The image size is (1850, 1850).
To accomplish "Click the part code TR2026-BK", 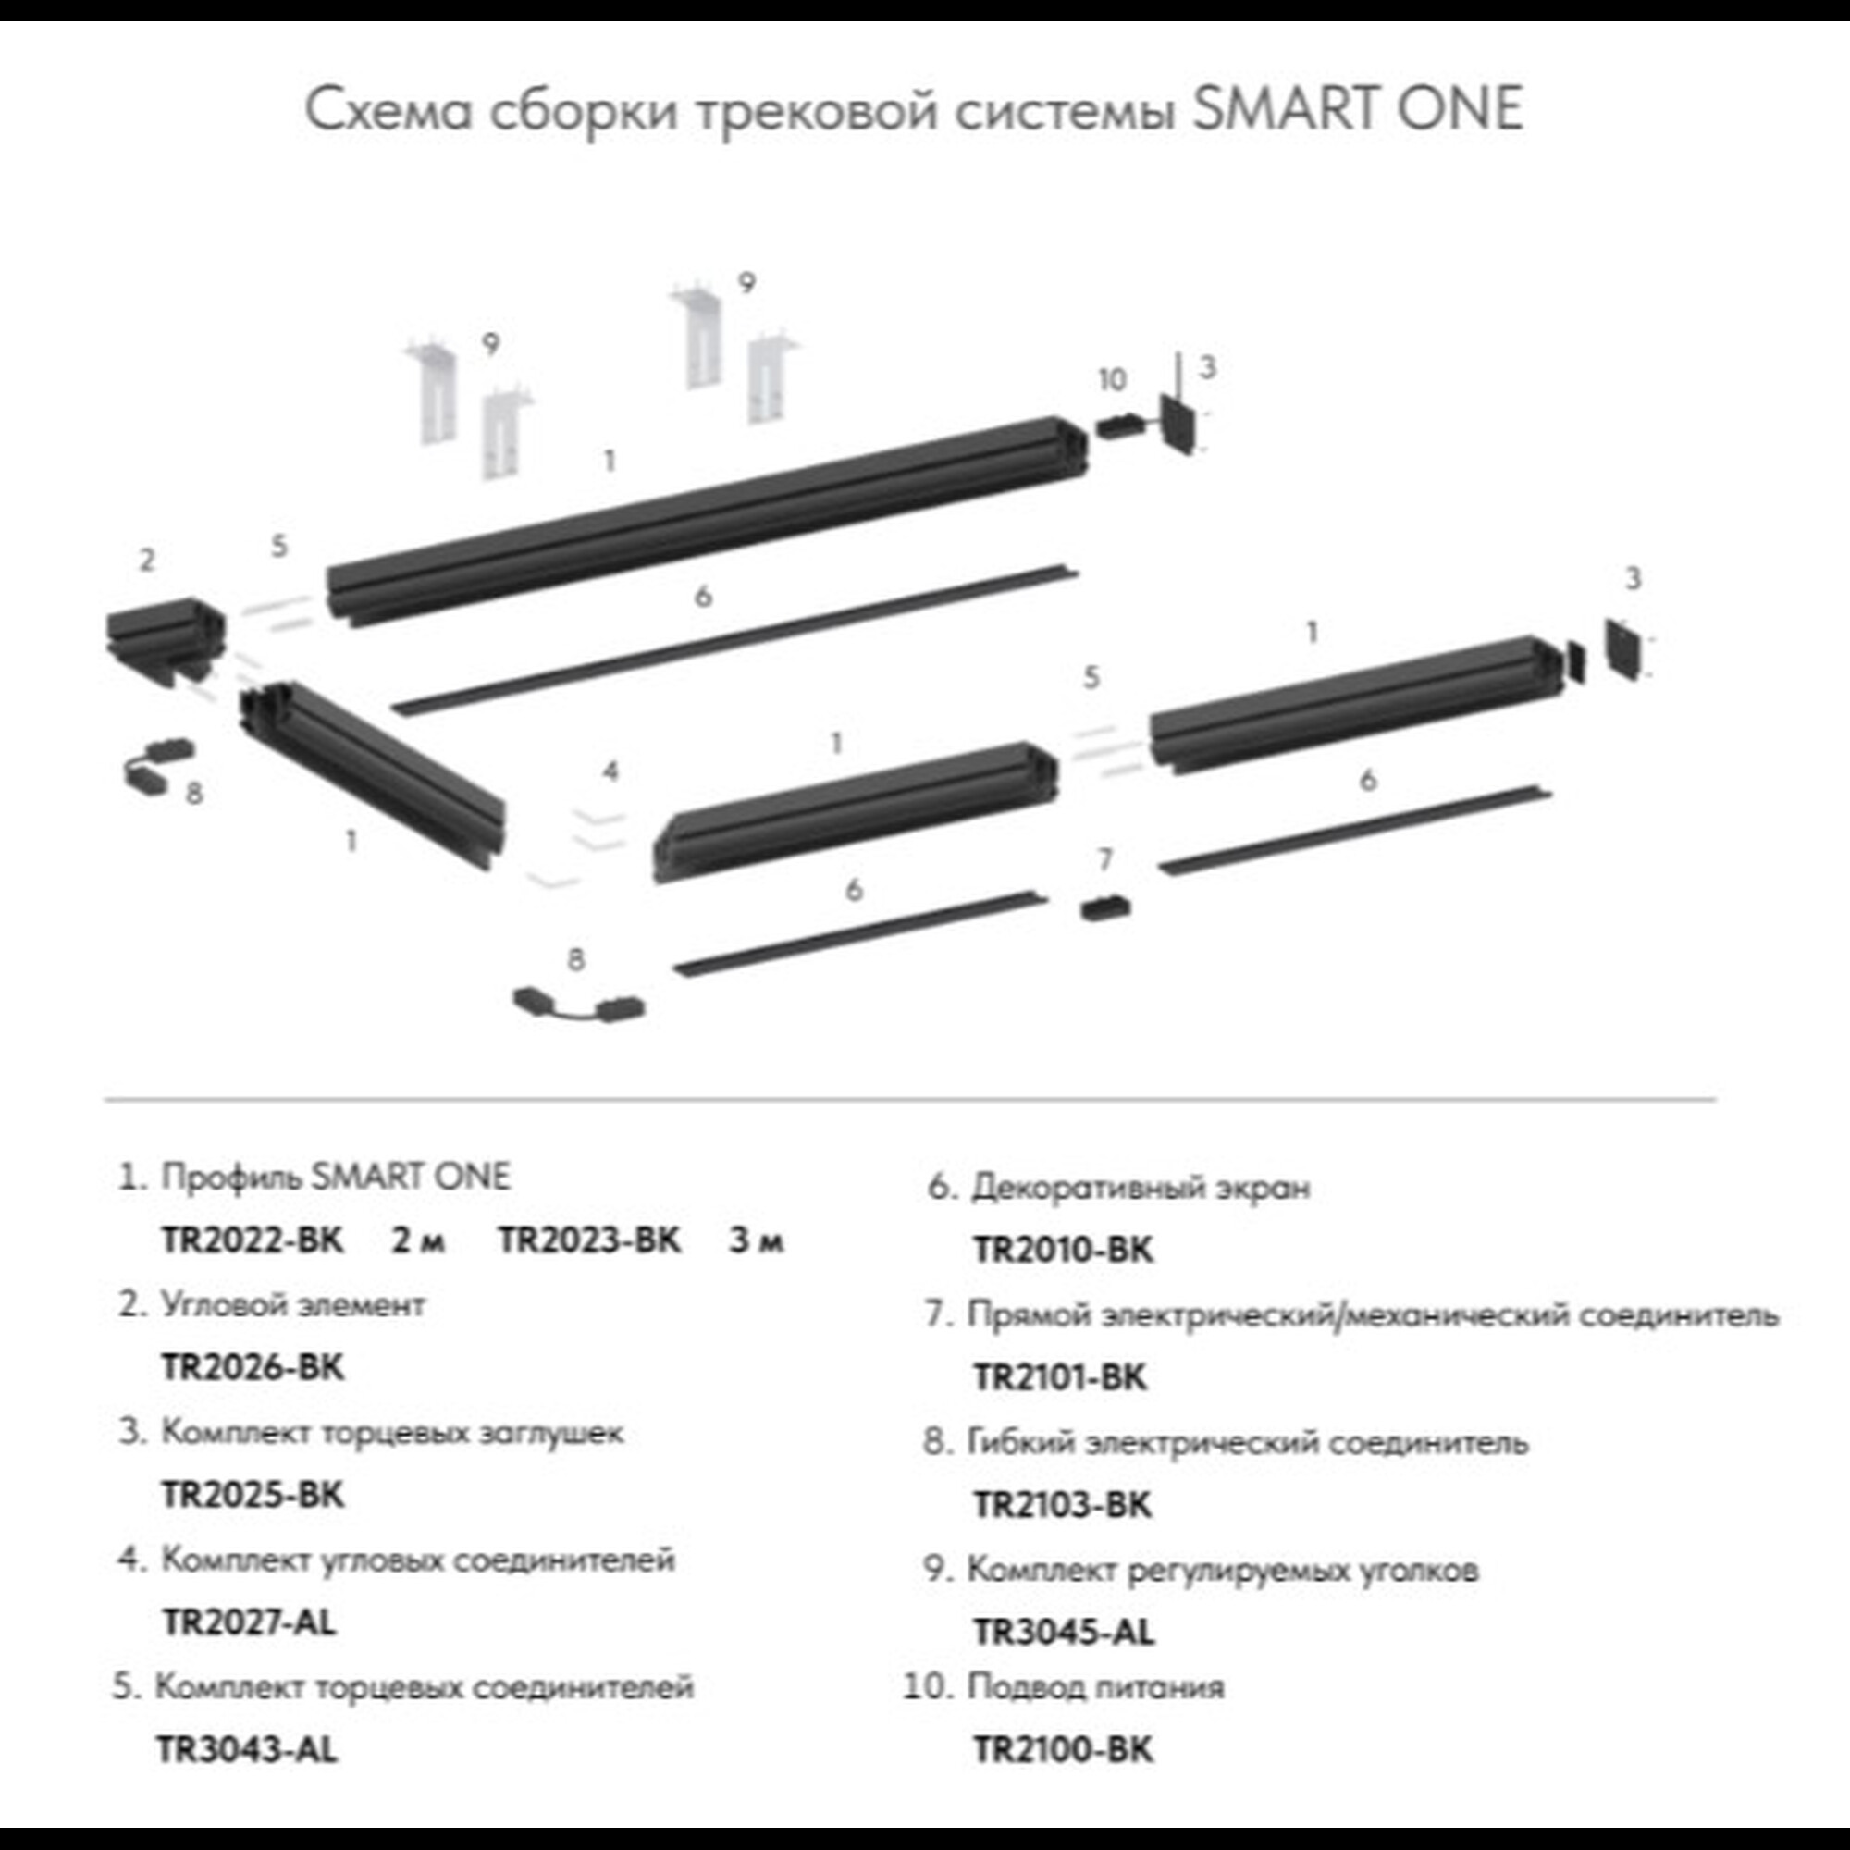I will (252, 1366).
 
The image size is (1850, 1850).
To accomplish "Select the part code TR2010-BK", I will (1063, 1250).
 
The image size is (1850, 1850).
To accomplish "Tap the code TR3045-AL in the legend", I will (1063, 1632).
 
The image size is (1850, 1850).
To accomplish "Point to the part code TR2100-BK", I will (1063, 1749).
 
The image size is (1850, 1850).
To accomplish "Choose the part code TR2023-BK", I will (589, 1240).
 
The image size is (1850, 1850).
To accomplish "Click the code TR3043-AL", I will (247, 1749).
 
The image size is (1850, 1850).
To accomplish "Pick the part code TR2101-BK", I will (1059, 1377).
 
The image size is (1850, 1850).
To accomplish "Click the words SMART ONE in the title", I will (1358, 109).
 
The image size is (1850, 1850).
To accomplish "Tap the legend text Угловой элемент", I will (293, 1305).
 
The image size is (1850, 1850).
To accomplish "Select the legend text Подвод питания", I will (1095, 1686).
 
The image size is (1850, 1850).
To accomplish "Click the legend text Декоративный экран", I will (1141, 1189).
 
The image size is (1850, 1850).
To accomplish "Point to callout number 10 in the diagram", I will (1112, 380).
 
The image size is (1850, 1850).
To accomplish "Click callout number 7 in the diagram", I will (1105, 860).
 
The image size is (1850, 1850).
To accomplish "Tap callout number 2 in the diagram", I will (146, 561).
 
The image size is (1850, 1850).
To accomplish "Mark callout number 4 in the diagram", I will (610, 771).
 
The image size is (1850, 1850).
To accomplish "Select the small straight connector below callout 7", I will (1105, 906).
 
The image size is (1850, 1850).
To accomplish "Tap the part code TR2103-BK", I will (1062, 1505).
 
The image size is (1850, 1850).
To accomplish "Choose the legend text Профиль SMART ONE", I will (335, 1177).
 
